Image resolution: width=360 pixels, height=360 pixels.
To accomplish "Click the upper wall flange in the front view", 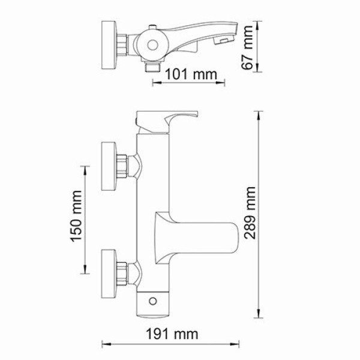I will [109, 166].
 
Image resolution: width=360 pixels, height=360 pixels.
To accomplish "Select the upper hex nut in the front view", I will [125, 166].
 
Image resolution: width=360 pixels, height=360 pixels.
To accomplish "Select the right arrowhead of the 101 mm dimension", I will [224, 83].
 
